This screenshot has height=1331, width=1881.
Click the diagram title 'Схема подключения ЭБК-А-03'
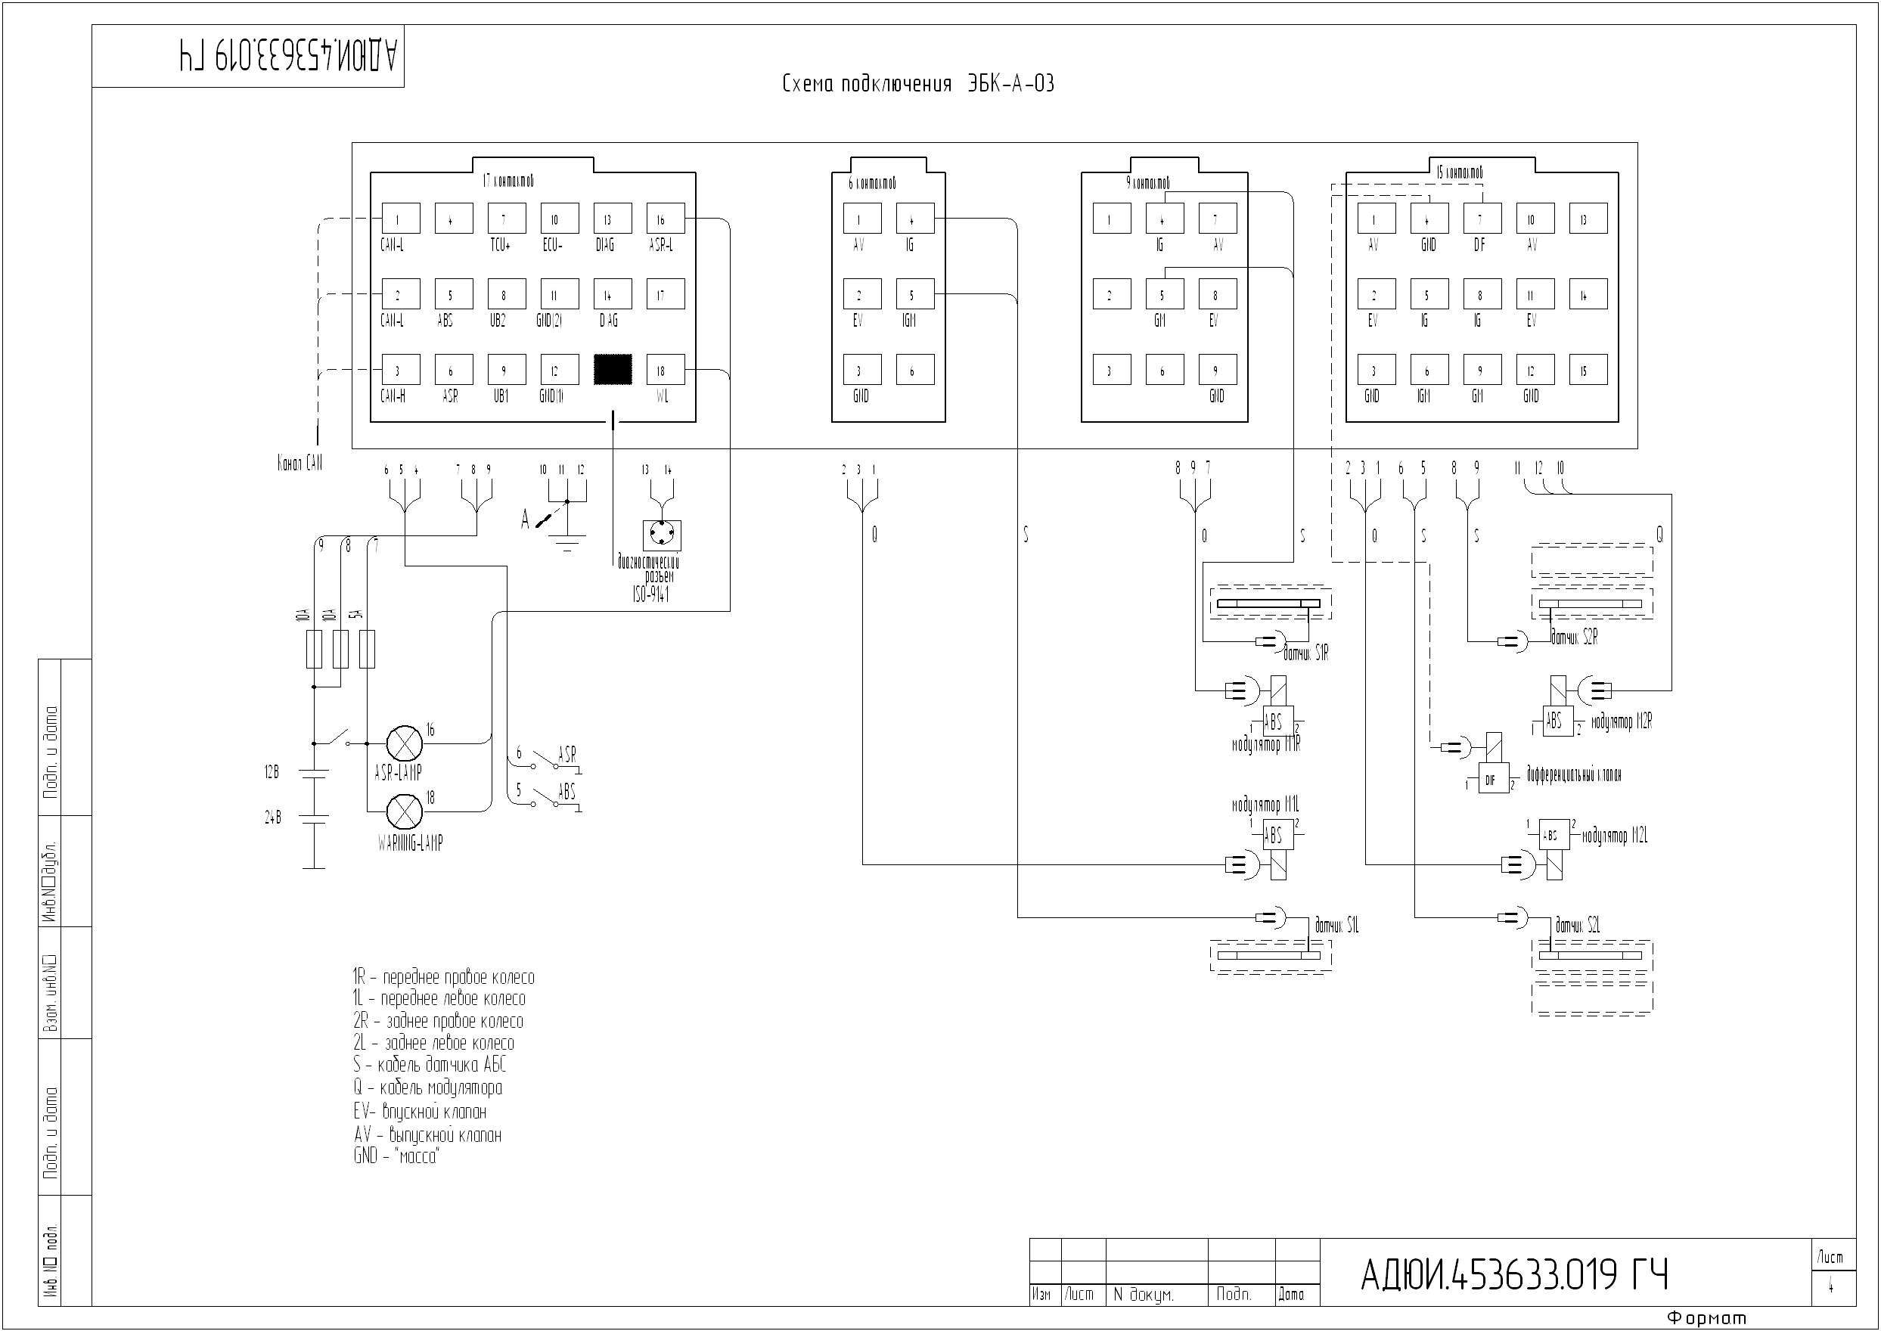click(918, 84)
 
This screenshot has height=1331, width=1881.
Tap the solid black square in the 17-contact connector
click(613, 370)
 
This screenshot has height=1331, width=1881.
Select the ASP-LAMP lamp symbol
click(404, 743)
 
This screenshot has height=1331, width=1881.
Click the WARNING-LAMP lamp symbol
click(404, 811)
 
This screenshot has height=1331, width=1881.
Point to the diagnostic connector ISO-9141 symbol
click(662, 535)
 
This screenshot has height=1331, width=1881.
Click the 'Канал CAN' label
click(300, 464)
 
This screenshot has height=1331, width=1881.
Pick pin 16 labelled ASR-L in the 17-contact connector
click(665, 219)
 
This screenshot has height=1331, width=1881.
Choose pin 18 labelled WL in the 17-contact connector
click(665, 371)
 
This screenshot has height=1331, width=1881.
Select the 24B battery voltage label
click(273, 817)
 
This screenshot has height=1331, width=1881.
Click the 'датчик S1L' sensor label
click(1336, 926)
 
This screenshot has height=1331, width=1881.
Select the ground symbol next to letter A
click(567, 540)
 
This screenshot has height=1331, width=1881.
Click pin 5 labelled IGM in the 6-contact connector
click(914, 294)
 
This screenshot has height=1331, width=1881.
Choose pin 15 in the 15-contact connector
click(1588, 371)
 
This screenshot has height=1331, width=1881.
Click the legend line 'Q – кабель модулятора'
click(428, 1087)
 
